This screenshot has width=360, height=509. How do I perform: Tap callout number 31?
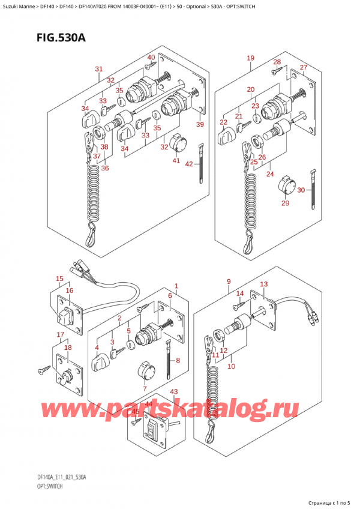coord(99,69)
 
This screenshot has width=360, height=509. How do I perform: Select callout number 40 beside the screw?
coord(151,58)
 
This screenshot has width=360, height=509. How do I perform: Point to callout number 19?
coord(250,58)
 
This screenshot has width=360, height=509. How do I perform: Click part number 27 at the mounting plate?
coord(304,67)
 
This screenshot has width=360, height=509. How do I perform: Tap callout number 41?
coord(175,160)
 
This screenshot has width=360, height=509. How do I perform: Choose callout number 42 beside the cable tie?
coord(189,164)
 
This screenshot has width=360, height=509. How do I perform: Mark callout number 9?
coord(229,282)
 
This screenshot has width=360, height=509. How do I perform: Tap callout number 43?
coord(174,393)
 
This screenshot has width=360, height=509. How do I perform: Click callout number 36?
coord(105,168)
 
